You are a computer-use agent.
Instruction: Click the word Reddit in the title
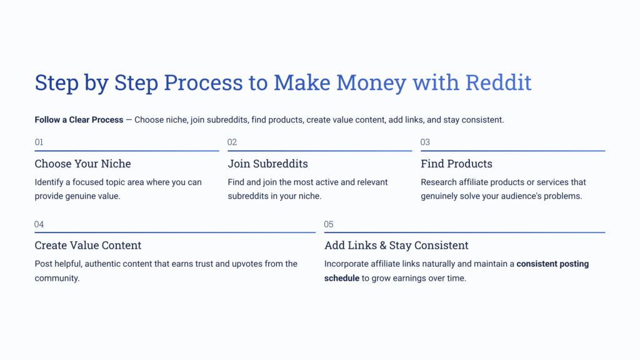(498, 82)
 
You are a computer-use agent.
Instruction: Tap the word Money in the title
(370, 82)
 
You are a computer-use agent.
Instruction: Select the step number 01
(39, 142)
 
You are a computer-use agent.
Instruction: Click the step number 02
(232, 142)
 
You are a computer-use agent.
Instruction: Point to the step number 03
(425, 142)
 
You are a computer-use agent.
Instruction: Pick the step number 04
(39, 224)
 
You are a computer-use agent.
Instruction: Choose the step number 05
(329, 224)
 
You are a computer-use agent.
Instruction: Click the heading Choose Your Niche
(82, 164)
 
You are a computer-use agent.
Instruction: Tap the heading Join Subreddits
(267, 164)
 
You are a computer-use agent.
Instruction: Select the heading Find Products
(456, 164)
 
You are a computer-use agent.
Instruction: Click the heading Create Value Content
(88, 246)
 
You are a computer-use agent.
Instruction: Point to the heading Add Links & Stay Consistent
(396, 246)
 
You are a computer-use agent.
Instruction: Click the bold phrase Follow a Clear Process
(79, 119)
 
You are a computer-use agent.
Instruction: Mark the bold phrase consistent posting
(552, 264)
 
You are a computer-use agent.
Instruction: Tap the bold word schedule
(341, 278)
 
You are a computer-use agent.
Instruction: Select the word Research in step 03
(439, 182)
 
